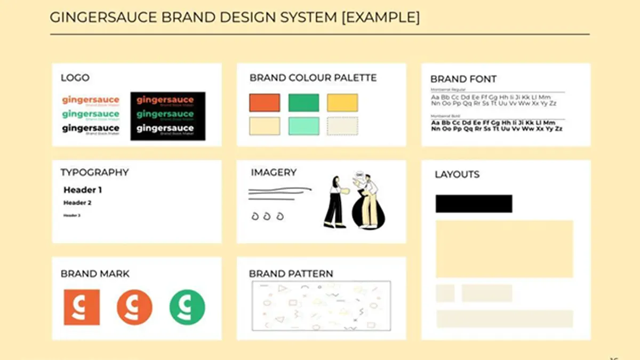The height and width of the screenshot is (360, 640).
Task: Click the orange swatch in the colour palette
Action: (x=264, y=102)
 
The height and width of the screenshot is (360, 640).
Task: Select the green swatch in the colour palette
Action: (x=303, y=102)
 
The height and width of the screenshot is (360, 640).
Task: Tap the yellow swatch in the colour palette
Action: (x=342, y=102)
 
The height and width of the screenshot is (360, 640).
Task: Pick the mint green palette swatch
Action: (x=303, y=126)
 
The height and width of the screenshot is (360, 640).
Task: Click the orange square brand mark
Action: (x=82, y=307)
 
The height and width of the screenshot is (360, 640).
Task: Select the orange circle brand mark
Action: (x=134, y=307)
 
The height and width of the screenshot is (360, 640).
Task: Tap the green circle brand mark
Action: (x=187, y=307)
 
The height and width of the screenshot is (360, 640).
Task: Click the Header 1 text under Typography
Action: (x=83, y=190)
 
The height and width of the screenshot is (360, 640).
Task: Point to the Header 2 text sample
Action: (x=77, y=203)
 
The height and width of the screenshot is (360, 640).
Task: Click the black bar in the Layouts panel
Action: (x=474, y=204)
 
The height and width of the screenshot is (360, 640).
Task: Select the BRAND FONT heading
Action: (x=463, y=79)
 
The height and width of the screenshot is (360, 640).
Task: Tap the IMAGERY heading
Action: (x=274, y=172)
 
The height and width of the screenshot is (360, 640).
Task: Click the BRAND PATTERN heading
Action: (x=291, y=274)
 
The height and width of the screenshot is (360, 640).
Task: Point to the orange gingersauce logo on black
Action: (x=165, y=100)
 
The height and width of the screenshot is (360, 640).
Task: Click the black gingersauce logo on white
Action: (x=91, y=128)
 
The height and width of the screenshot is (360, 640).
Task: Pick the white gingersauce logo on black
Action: (x=165, y=129)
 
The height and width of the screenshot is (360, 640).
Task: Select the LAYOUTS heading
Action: (x=457, y=174)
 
